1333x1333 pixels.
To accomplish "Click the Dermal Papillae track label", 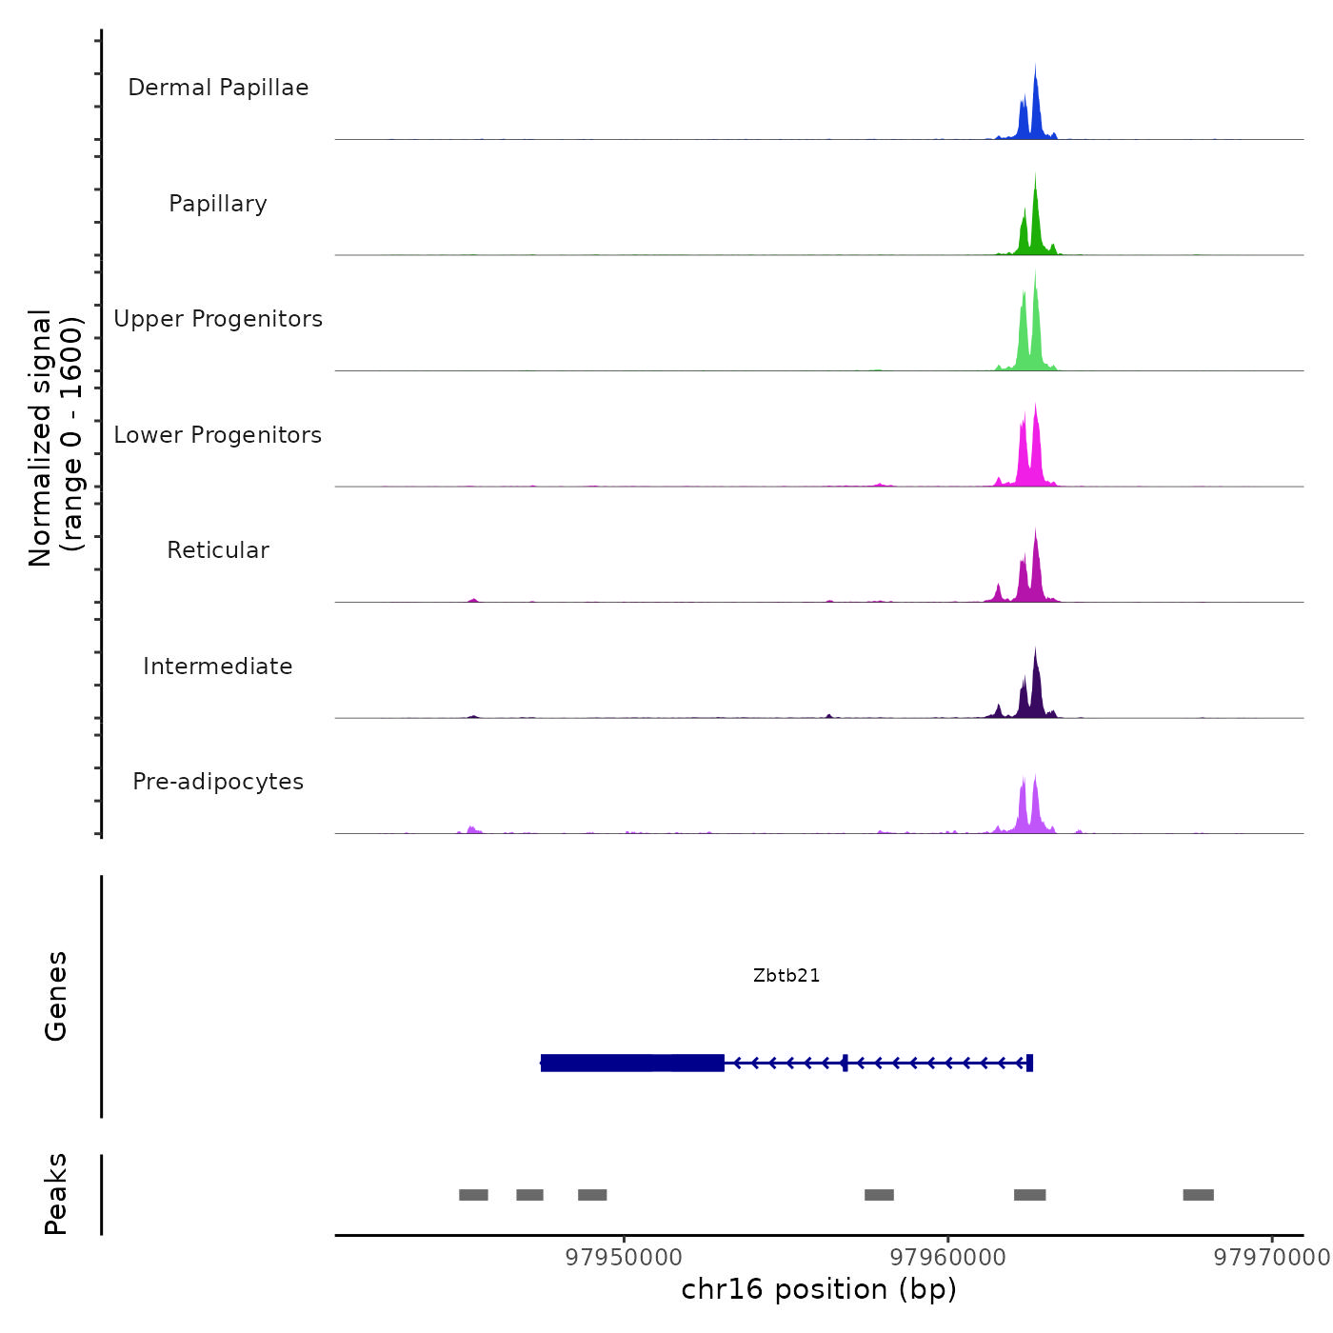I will [x=218, y=88].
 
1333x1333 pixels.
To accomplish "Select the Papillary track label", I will [x=218, y=204].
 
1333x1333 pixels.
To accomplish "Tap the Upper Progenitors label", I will [x=218, y=319].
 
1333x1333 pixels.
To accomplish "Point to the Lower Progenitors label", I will [x=218, y=435].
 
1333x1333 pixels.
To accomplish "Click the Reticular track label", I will [x=218, y=550].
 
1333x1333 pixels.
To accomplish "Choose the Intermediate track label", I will [x=218, y=666].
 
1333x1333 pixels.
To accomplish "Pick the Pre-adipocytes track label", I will [x=218, y=782].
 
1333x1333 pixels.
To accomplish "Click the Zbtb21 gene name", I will [x=786, y=975].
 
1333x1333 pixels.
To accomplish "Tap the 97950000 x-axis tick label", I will [x=624, y=1258].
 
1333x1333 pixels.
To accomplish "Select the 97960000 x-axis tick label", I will [x=947, y=1258].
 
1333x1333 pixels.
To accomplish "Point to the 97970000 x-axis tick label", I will [x=1271, y=1258].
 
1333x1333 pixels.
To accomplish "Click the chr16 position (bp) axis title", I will [x=819, y=1289].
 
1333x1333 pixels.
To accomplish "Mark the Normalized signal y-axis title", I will [x=55, y=438].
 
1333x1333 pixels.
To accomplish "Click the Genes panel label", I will [x=55, y=996].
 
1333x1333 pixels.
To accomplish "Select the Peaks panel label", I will [x=55, y=1194].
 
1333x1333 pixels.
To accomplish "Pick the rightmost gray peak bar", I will [x=1198, y=1195].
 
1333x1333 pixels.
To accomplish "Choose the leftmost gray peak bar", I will [x=473, y=1195].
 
